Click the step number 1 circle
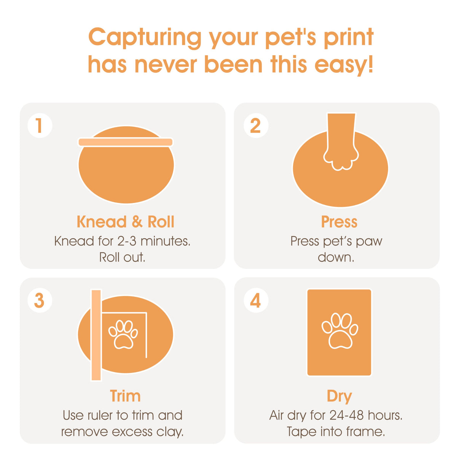point(40,126)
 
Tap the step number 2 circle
point(256,126)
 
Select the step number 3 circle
point(40,300)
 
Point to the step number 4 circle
point(256,300)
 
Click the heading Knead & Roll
point(125,222)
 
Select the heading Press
point(339,222)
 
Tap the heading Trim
point(125,396)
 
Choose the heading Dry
point(339,396)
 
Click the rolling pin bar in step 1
point(126,142)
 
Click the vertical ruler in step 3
point(96,335)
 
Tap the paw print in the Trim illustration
point(123,335)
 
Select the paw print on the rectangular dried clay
point(340,331)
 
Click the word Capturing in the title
point(145,38)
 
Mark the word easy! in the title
point(344,65)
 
